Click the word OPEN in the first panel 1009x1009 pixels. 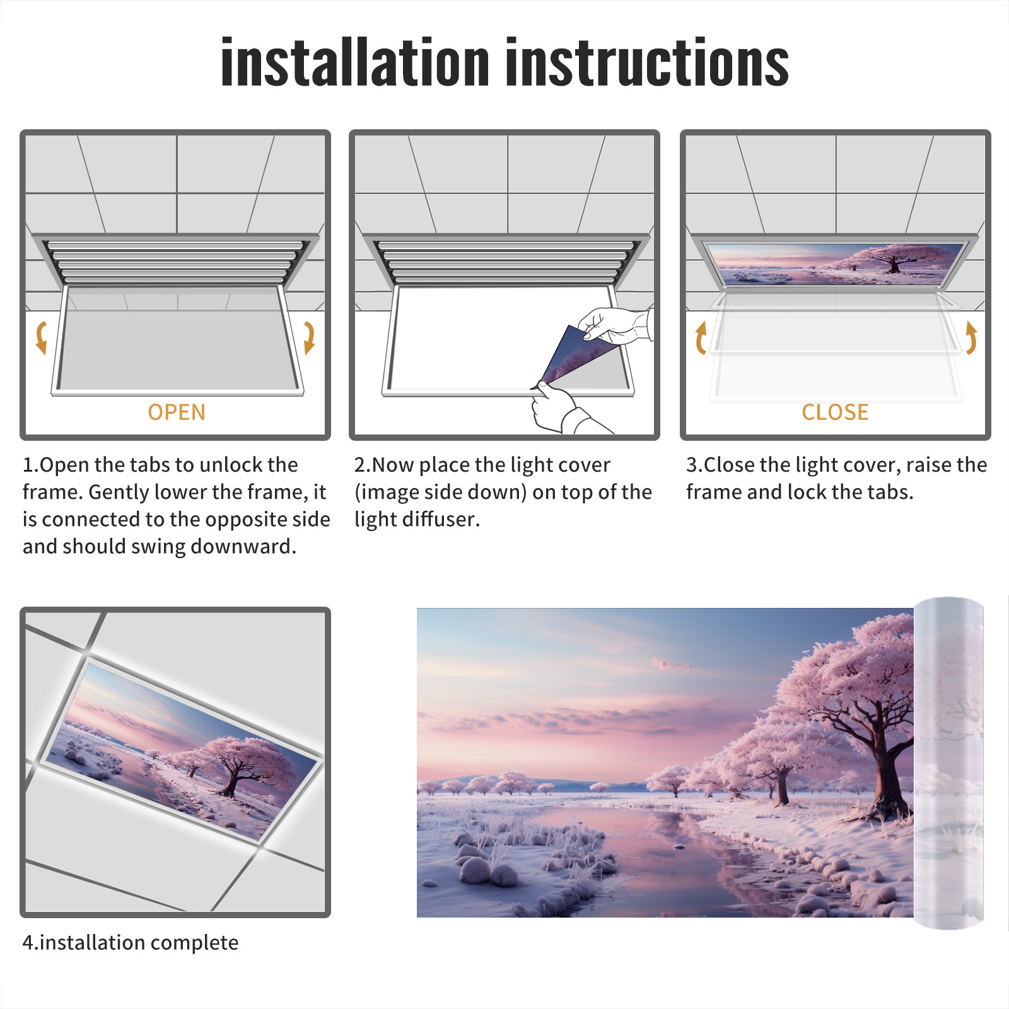point(177,412)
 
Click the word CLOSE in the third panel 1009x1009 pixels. point(835,412)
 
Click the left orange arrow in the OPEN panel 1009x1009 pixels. point(41,337)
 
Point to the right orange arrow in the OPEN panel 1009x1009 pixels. point(310,337)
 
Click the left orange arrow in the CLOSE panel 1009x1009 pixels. point(701,337)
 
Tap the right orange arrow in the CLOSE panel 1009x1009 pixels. point(971,337)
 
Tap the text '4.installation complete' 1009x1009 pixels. point(131,943)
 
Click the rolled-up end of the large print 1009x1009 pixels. point(948,763)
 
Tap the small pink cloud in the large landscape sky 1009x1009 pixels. point(670,663)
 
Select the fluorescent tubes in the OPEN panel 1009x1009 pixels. point(175,262)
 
